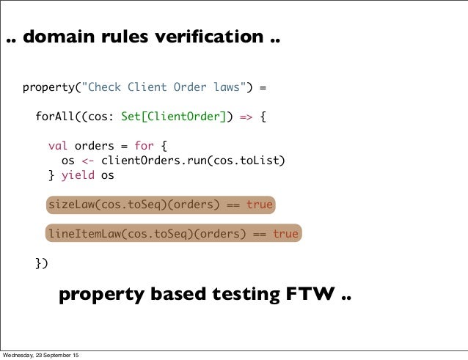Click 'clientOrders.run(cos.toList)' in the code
pos(193,161)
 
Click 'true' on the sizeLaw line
pos(259,205)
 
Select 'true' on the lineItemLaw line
pos(285,234)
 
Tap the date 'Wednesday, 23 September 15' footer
pos(42,355)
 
